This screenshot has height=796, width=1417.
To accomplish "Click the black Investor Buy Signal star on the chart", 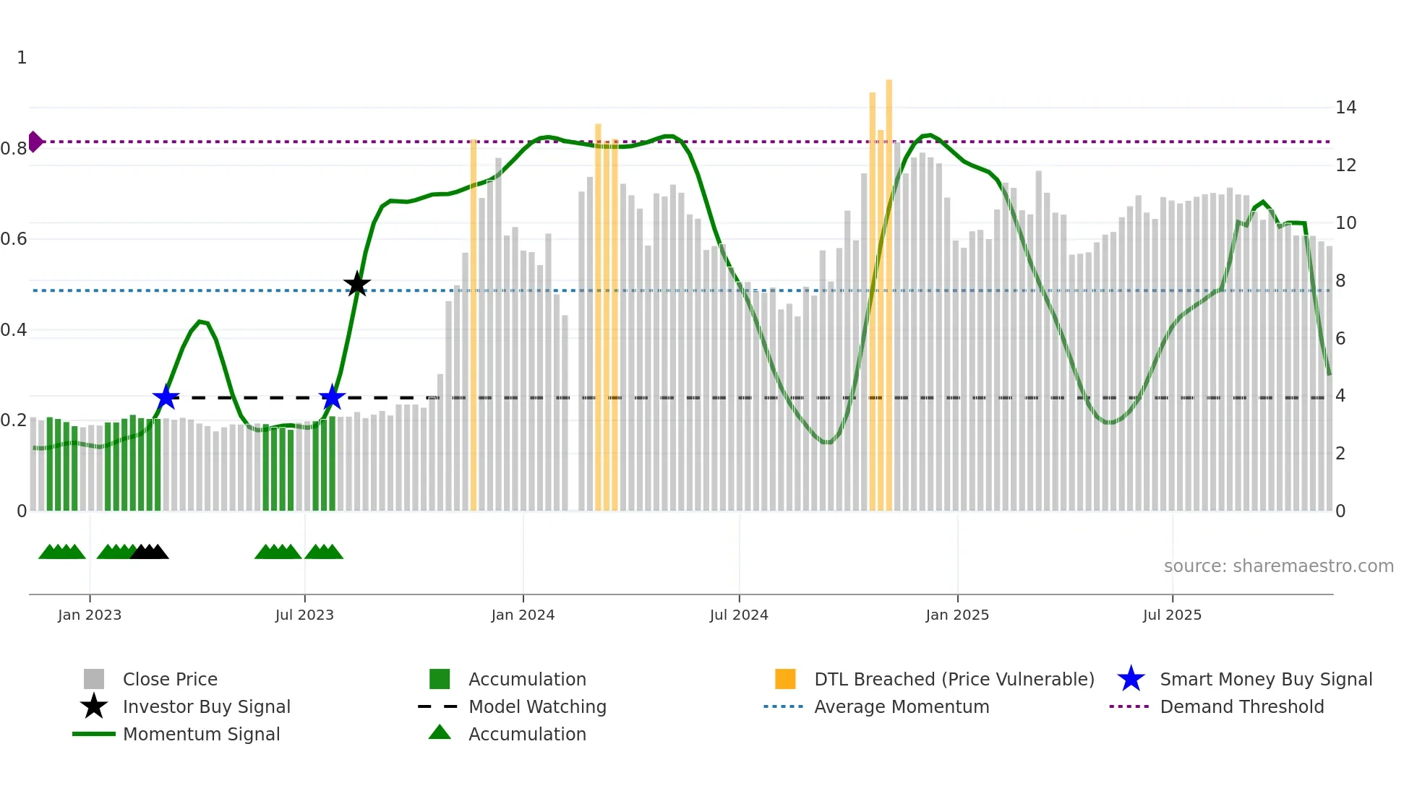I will (x=356, y=285).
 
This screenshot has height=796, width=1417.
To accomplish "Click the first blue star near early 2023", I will (x=166, y=397).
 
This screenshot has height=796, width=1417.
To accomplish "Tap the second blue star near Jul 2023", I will (x=332, y=397).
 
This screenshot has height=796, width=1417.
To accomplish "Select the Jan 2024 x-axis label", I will (x=523, y=615).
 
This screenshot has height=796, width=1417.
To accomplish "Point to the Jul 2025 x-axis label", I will (x=1172, y=615).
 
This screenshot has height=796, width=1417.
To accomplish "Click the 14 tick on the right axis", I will (x=1345, y=108).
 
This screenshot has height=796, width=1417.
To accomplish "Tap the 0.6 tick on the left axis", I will (x=14, y=239).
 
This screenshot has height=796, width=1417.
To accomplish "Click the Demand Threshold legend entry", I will (x=1241, y=707).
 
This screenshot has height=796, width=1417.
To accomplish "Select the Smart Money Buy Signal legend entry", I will (x=1265, y=680).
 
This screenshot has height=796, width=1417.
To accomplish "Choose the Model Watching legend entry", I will (x=536, y=707).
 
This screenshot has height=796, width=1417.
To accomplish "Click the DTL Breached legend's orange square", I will (x=785, y=679).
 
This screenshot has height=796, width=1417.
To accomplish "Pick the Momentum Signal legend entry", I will (x=201, y=735).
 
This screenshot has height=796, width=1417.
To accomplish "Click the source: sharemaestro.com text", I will (x=1278, y=566).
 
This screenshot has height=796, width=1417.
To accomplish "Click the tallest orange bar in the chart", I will (x=889, y=289).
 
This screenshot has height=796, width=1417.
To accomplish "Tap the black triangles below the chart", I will (x=150, y=553).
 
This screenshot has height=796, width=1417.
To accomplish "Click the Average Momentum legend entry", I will (x=901, y=707).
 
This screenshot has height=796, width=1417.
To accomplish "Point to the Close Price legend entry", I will (x=170, y=680).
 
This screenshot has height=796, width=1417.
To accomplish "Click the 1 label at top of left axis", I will (x=22, y=58).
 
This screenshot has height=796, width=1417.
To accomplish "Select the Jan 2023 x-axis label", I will (x=90, y=615).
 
